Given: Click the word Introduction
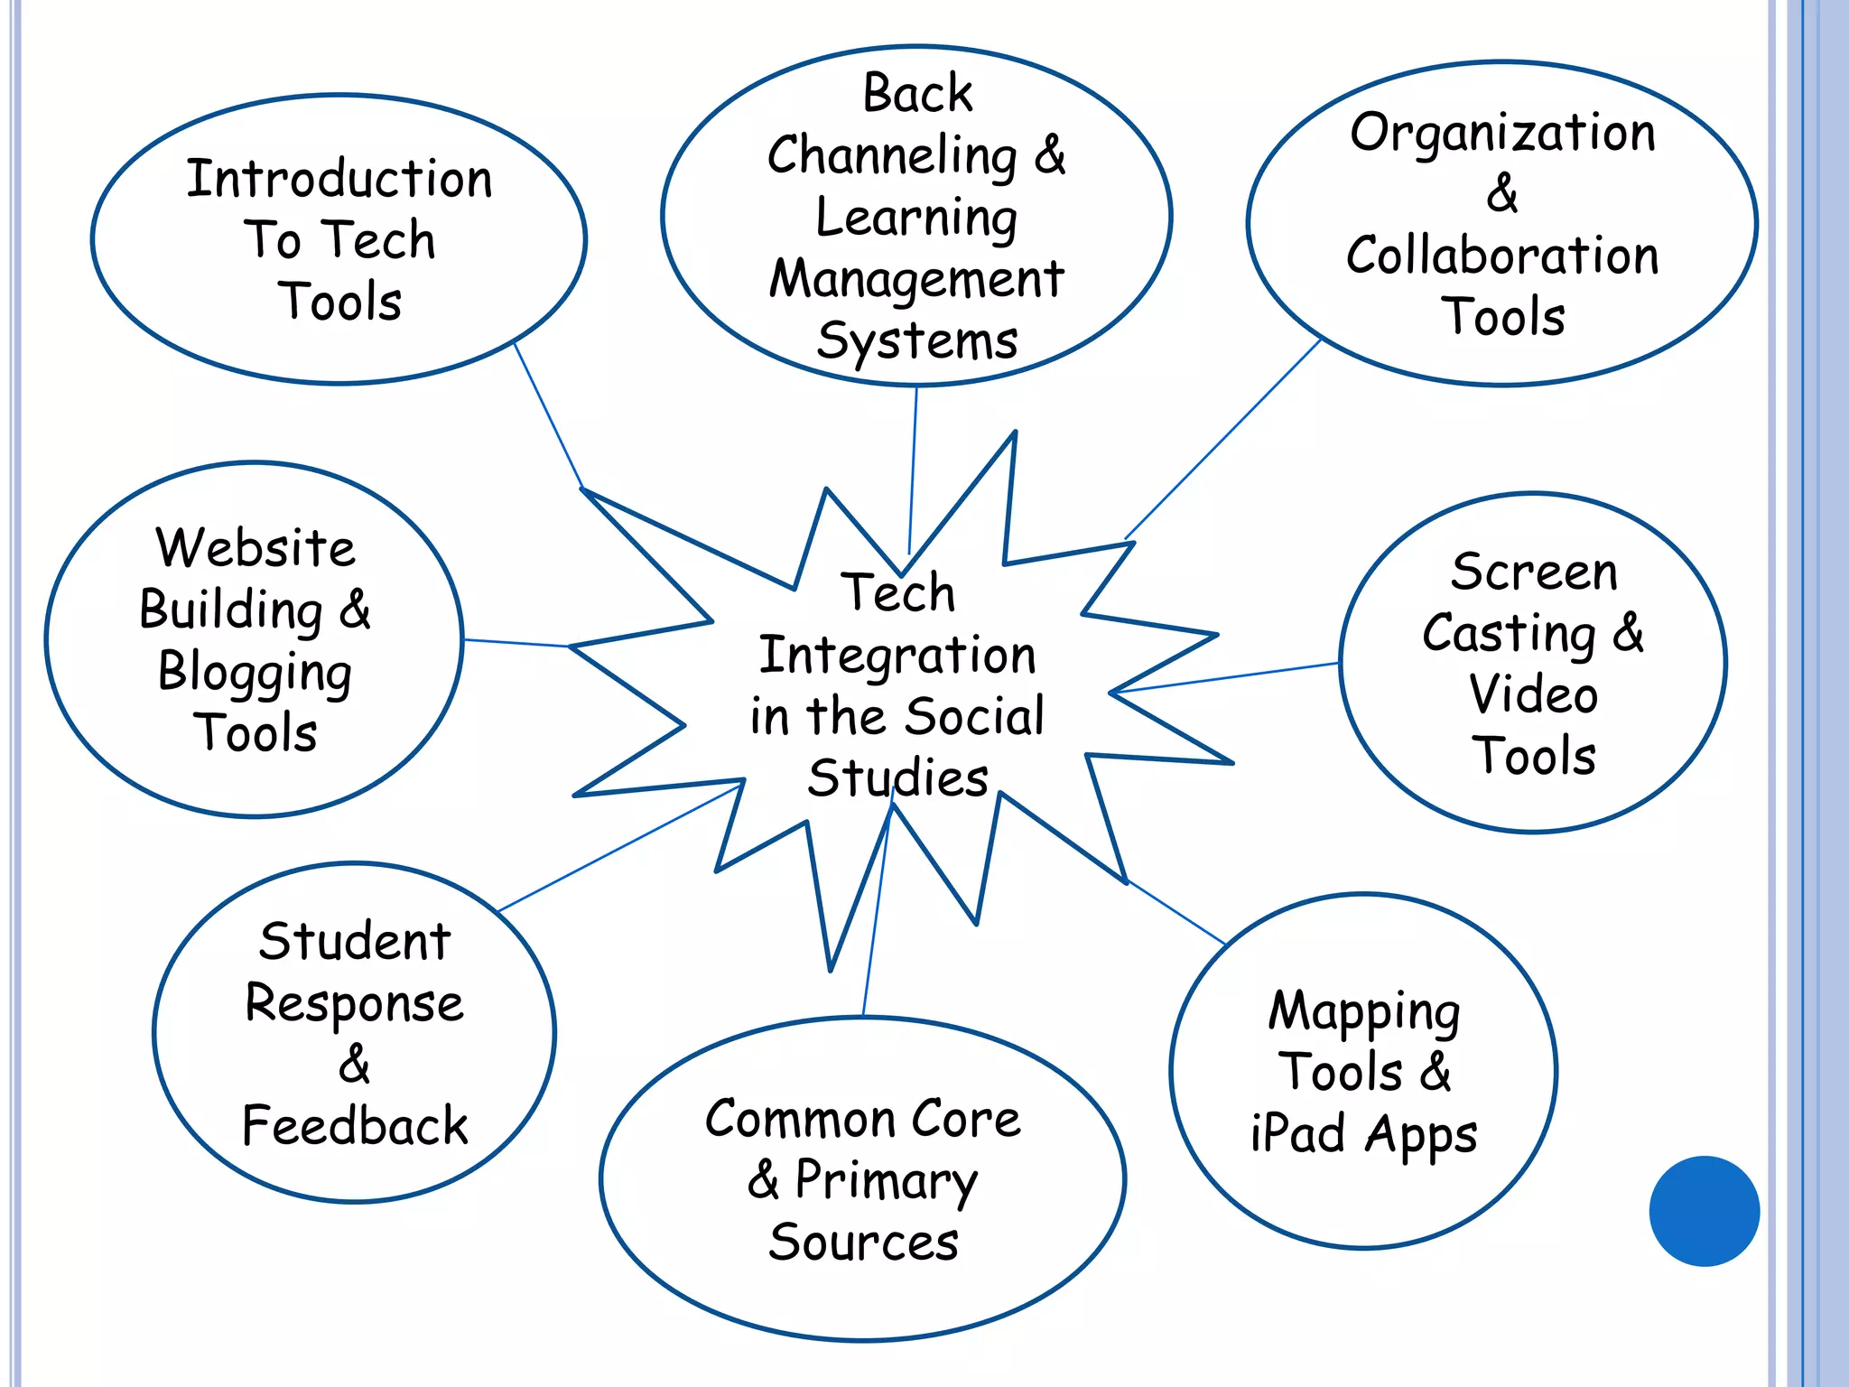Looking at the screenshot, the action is [x=339, y=179].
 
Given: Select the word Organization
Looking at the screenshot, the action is [x=1502, y=134].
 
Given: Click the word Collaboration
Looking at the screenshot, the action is [x=1502, y=256].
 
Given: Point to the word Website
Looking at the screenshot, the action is [x=256, y=548].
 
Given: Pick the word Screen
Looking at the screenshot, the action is [x=1534, y=572].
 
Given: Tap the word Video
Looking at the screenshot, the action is [x=1533, y=694].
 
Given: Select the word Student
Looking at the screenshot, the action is [x=355, y=942].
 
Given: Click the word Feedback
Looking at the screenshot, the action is [x=355, y=1126].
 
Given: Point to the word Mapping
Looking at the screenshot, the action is [x=1364, y=1011].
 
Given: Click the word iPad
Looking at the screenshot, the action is [x=1298, y=1133].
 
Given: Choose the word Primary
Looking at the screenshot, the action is [x=886, y=1181].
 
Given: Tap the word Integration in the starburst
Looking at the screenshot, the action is [x=897, y=656].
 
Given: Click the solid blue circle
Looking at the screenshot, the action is [x=1704, y=1211].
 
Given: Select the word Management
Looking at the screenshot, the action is [x=916, y=279].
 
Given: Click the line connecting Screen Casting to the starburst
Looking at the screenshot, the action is [x=1228, y=677].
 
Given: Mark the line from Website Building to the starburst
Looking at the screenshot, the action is [x=516, y=643].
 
